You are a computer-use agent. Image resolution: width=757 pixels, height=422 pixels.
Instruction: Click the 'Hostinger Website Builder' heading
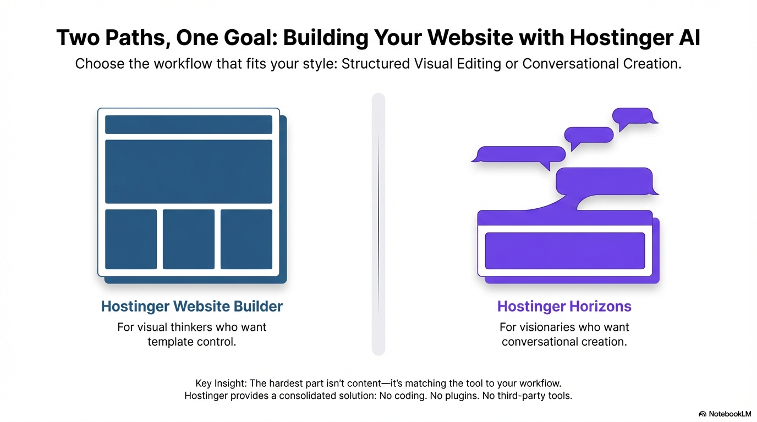191,307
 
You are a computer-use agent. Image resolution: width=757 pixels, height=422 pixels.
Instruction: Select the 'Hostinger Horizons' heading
564,307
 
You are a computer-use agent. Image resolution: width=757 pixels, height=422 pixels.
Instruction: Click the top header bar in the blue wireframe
188,124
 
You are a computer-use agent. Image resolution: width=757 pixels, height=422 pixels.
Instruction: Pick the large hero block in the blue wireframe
188,171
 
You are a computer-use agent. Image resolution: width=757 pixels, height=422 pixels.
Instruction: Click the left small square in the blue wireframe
131,239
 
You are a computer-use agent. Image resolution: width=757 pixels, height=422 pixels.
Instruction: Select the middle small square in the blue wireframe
189,239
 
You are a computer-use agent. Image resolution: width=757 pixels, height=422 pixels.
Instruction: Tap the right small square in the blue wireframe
246,239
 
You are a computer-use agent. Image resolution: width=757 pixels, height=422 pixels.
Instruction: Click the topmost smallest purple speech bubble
634,116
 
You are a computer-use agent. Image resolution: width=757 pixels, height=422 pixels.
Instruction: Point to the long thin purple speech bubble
520,154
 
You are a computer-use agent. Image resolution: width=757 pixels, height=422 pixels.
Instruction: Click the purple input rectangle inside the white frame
564,251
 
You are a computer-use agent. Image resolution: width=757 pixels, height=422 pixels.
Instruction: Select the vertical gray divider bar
378,224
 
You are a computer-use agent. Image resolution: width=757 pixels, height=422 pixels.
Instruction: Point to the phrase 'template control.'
191,342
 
